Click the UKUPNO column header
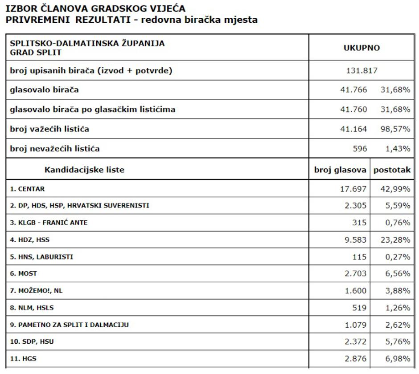tap(361, 48)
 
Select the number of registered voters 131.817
tap(361, 70)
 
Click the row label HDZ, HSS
tap(30, 240)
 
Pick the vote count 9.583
tap(355, 240)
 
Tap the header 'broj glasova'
tap(340, 170)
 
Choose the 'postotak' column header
tap(392, 170)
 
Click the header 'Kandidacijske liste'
tap(84, 170)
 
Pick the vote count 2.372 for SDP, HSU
tap(355, 341)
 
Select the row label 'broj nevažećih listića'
tap(55, 149)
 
